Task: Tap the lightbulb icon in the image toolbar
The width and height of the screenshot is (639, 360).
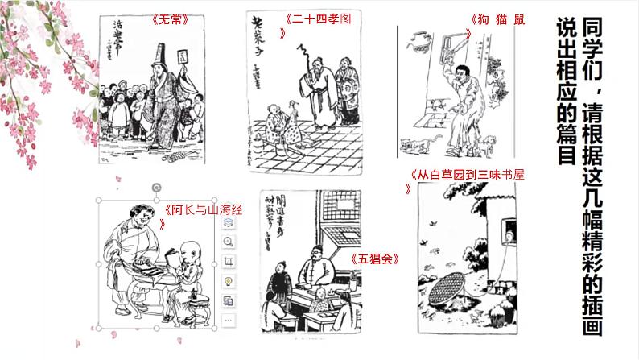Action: click(229, 280)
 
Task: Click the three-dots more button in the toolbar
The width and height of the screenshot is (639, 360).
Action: click(229, 320)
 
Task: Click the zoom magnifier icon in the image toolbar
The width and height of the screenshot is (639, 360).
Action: click(229, 242)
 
